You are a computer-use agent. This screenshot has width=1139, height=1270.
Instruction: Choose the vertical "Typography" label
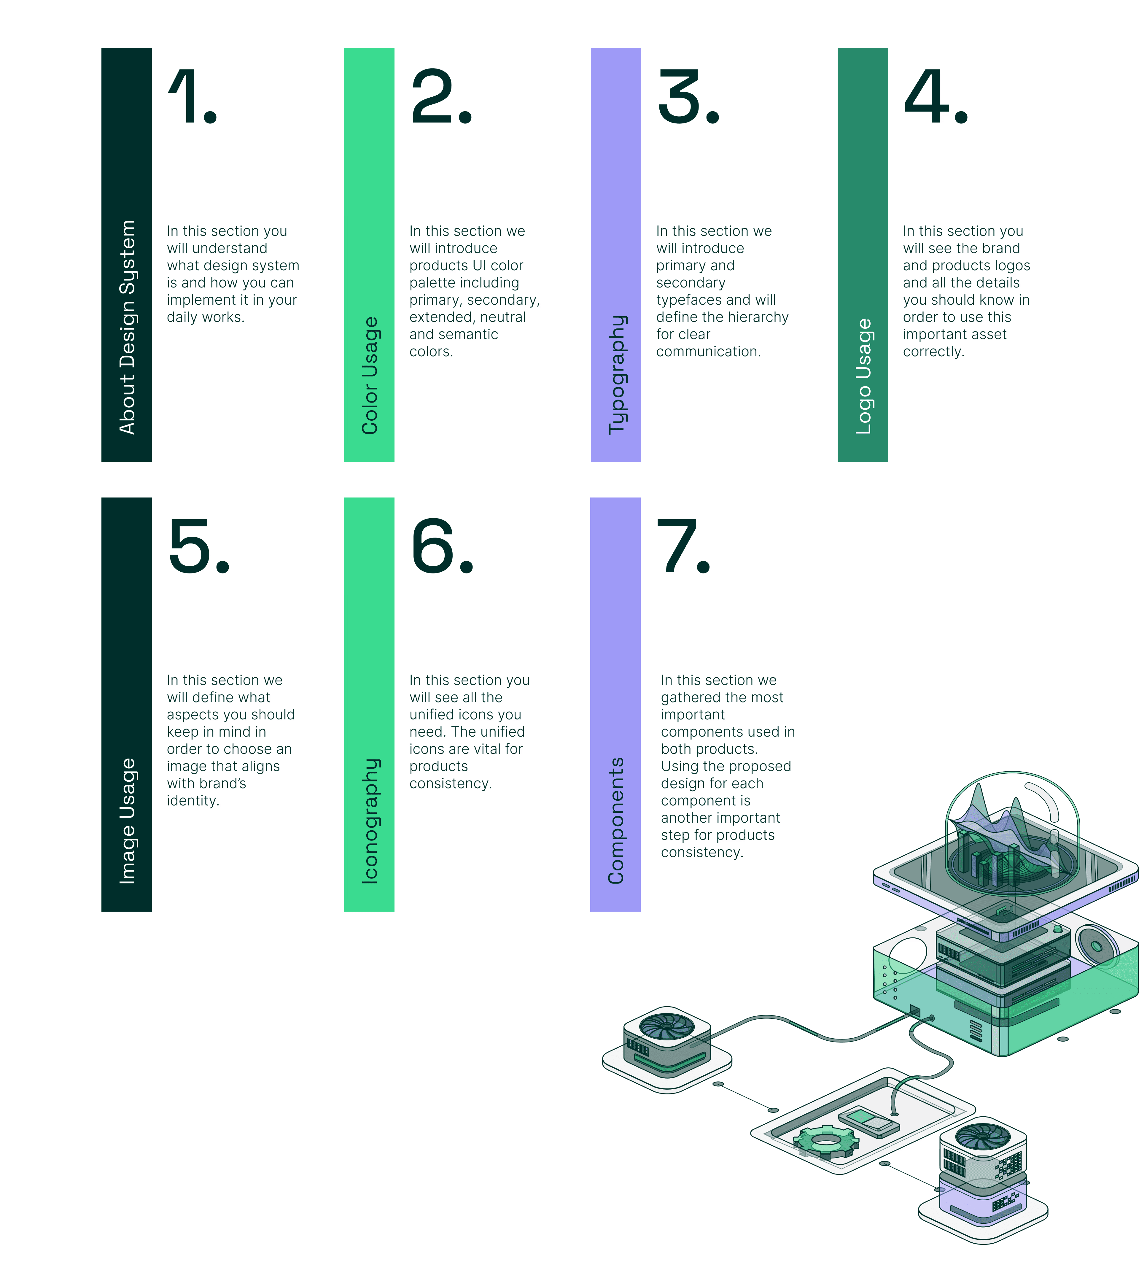point(616,374)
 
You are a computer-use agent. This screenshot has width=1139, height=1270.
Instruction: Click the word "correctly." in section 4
point(933,352)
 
